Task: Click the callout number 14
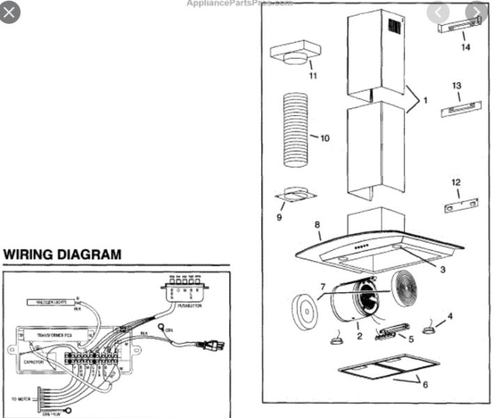click(465, 47)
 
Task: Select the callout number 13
click(456, 86)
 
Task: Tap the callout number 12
click(456, 183)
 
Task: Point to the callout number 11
click(313, 75)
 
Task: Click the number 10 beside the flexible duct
click(324, 138)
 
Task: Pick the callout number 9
click(279, 218)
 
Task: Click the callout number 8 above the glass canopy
click(317, 225)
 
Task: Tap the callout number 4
click(449, 316)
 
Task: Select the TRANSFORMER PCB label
click(52, 335)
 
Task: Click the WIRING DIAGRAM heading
click(62, 255)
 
